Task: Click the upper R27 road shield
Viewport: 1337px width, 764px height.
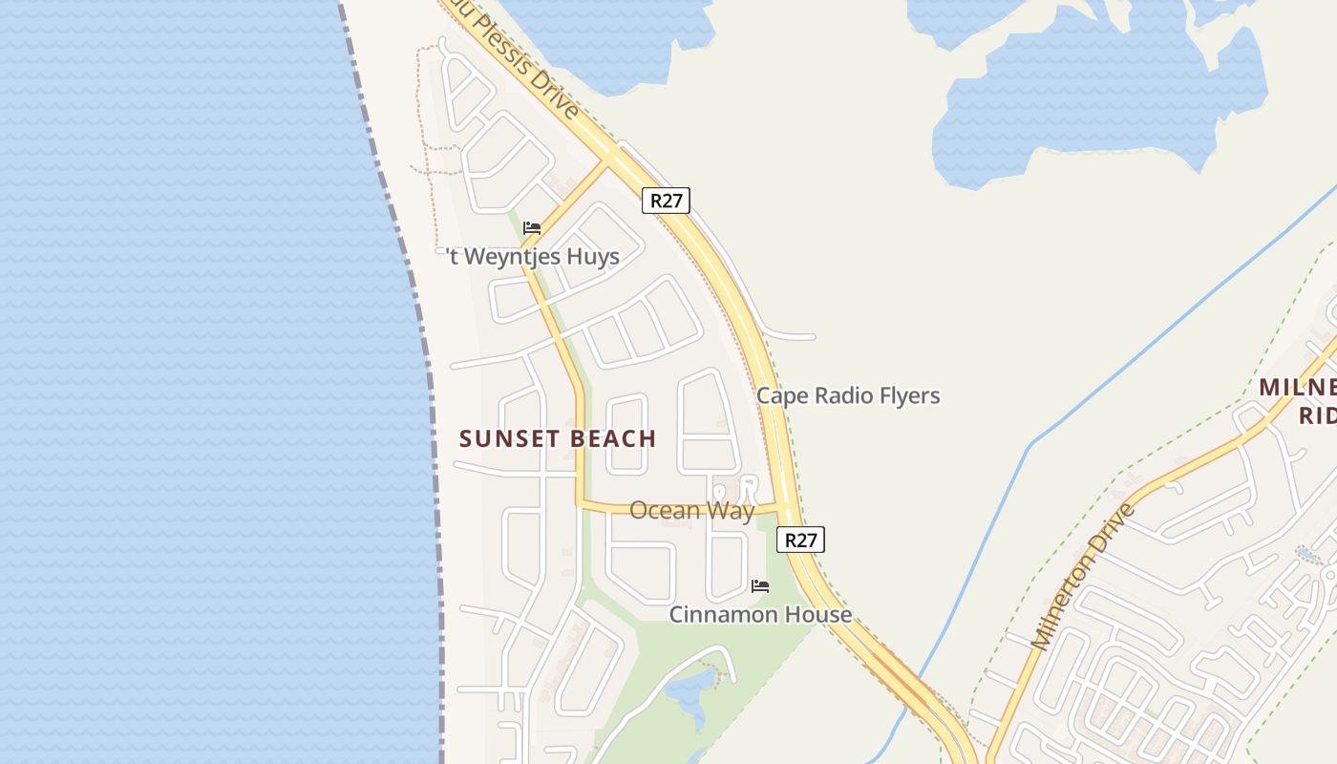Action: [665, 201]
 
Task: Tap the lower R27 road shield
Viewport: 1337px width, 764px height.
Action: [800, 540]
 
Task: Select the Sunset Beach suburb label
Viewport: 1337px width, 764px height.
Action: [558, 438]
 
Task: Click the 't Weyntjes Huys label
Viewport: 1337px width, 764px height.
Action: [533, 256]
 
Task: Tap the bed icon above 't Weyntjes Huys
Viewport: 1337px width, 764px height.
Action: [532, 227]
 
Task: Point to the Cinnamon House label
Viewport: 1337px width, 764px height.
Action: [760, 614]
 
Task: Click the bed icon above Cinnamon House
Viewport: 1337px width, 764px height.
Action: [760, 585]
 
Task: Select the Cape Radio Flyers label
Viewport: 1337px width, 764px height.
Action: [848, 395]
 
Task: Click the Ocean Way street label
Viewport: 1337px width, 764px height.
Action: [691, 510]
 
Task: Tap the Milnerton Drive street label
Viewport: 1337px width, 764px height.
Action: [1083, 577]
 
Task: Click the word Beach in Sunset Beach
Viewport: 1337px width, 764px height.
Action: [608, 438]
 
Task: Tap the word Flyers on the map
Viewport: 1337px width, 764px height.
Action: [910, 395]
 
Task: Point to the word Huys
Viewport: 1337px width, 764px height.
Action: [592, 256]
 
